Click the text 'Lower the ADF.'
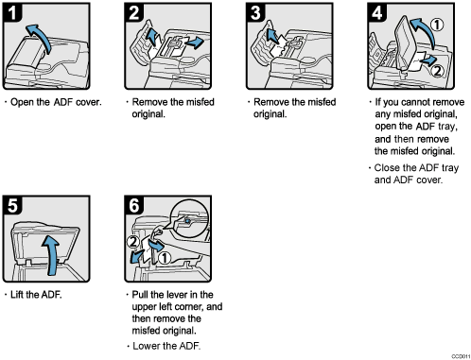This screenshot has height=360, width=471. tap(165, 346)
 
